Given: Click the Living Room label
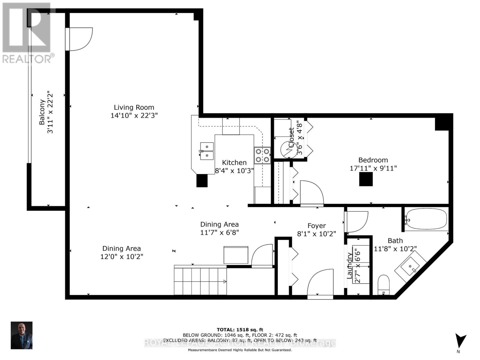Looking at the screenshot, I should click(134, 107).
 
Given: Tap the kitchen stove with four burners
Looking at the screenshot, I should click(262, 155).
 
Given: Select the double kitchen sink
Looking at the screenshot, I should click(207, 151).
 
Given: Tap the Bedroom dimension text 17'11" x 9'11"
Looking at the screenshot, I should click(373, 168).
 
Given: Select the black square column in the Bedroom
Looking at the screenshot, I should click(366, 180).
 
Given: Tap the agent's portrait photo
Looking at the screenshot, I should click(22, 335).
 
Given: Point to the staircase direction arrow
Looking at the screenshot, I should click(223, 281).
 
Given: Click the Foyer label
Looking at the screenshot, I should click(316, 226).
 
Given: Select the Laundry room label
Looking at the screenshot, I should click(349, 265).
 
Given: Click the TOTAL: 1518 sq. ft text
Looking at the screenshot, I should click(240, 330).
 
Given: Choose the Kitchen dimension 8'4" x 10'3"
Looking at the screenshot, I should click(234, 171).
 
